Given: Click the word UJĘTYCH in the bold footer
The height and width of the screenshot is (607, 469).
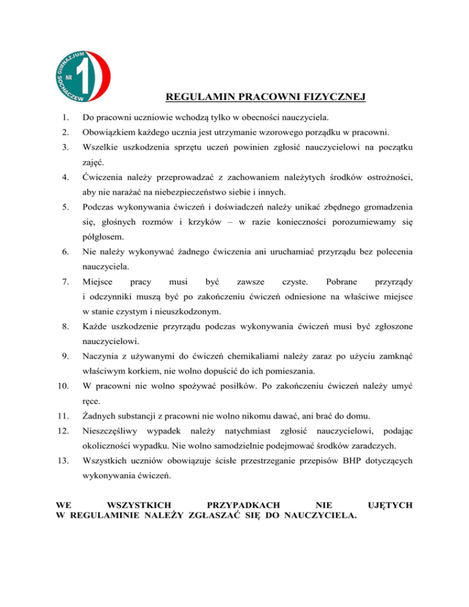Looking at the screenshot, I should [389, 505].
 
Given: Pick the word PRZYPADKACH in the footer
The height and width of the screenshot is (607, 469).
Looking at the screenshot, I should [244, 505].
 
